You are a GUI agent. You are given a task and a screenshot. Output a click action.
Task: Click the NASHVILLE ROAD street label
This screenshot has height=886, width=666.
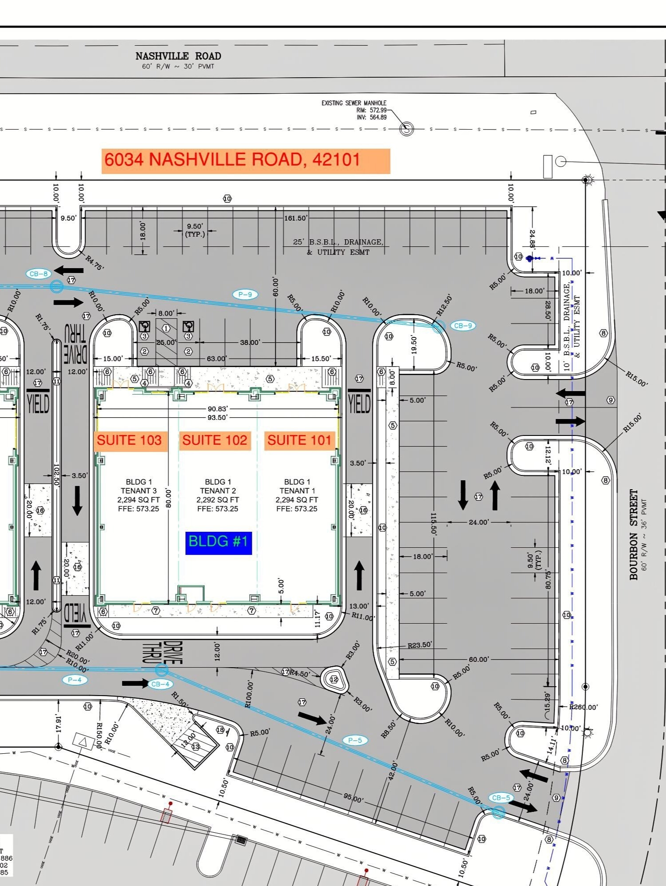click(178, 56)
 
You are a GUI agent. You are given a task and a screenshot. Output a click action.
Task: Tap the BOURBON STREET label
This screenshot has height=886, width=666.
click(634, 534)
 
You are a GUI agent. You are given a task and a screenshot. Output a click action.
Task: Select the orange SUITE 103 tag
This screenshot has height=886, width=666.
click(129, 440)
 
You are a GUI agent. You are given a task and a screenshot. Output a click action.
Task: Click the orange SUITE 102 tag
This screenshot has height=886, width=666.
click(215, 440)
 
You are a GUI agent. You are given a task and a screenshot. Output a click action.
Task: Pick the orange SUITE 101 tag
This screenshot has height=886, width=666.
click(299, 440)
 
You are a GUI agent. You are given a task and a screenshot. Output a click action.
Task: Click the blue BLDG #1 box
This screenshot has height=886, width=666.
click(218, 542)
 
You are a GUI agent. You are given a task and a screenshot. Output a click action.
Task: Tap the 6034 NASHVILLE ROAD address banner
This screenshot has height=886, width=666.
click(246, 161)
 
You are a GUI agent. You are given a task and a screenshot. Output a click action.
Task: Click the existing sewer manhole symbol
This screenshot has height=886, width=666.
click(407, 129)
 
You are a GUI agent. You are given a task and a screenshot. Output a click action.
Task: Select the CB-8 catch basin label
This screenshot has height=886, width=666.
click(39, 274)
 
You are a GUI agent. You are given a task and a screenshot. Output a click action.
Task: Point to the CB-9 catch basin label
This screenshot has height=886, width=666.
click(462, 326)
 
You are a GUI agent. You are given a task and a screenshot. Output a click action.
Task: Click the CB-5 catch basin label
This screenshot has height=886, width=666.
click(501, 798)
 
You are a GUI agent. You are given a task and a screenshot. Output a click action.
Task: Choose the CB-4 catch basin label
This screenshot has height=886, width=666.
click(160, 684)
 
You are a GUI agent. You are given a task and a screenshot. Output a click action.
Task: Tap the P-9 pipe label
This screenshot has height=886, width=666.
click(245, 294)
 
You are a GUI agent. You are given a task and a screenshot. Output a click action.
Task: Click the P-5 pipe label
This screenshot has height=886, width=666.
click(355, 740)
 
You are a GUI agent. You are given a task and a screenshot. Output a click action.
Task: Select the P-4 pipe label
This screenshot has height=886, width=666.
click(74, 680)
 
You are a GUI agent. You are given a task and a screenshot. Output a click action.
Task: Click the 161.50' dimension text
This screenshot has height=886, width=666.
click(295, 218)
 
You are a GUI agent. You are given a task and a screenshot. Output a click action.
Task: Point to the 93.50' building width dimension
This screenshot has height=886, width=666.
click(217, 418)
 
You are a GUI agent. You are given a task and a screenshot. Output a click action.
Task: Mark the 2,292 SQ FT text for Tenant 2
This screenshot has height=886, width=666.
click(218, 500)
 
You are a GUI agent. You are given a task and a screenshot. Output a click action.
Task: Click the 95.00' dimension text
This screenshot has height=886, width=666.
click(353, 798)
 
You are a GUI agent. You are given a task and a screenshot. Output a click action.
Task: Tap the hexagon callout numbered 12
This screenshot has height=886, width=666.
click(333, 679)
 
